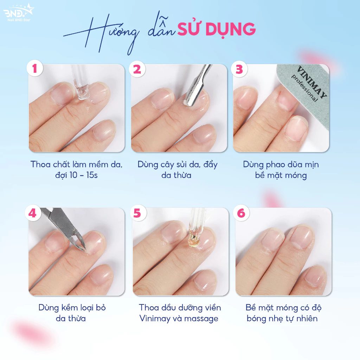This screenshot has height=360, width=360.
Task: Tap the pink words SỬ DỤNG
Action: (217, 30)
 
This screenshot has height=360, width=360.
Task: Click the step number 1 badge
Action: (35, 68)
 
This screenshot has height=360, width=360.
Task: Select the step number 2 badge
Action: (137, 69)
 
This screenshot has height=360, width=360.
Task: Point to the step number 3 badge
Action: (239, 69)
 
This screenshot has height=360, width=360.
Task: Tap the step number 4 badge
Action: (33, 213)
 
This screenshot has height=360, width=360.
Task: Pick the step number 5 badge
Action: (138, 213)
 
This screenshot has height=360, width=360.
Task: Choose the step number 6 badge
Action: (241, 213)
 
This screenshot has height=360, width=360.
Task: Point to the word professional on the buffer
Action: (304, 88)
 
